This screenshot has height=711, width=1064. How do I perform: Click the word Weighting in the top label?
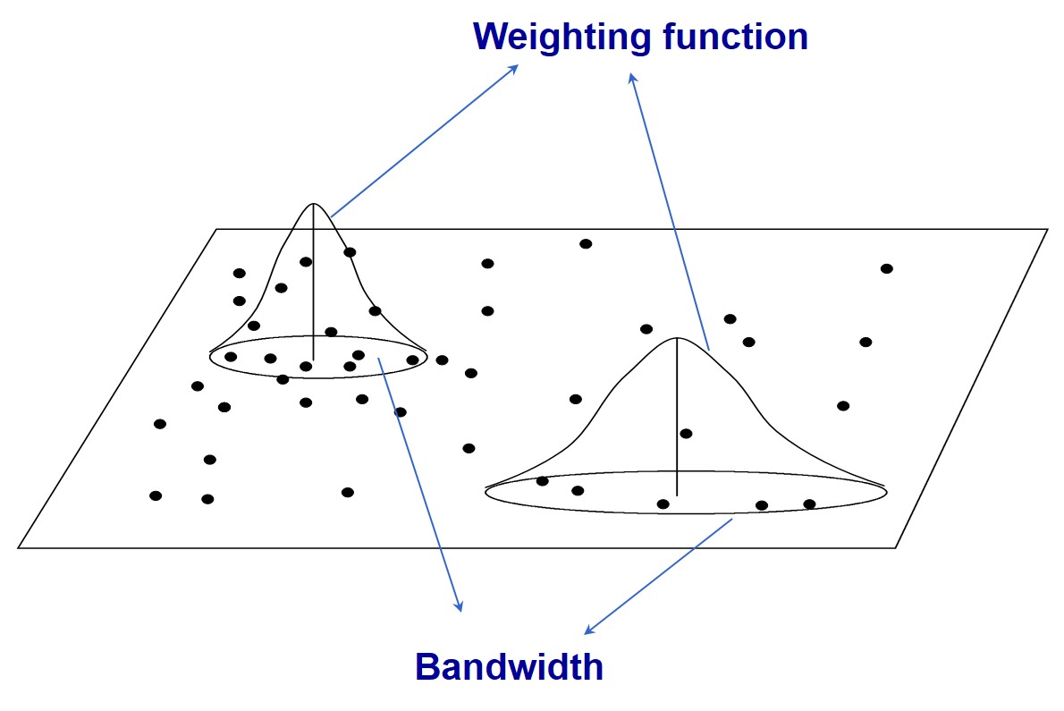pos(553,38)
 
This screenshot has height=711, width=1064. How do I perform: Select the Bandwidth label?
pos(509,667)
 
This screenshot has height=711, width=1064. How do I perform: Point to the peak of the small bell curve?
pos(313,204)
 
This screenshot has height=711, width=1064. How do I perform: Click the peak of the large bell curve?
pos(677,338)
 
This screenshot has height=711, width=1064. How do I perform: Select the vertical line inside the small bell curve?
pos(313,286)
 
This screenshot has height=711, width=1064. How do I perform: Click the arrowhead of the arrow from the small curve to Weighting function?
pos(514,68)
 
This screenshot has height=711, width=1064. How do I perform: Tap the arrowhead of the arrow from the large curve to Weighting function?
pos(631,77)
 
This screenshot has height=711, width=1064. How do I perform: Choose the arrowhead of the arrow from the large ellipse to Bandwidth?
pos(587,631)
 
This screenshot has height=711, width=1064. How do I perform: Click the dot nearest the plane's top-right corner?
pos(886,268)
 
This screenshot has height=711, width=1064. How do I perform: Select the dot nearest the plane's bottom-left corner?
pos(156,495)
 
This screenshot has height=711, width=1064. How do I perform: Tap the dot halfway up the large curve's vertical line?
pos(686,434)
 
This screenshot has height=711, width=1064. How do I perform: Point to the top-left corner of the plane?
pos(216,230)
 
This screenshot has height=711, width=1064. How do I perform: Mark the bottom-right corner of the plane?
pos(896,547)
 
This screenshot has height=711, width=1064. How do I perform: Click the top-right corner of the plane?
pos(1047,230)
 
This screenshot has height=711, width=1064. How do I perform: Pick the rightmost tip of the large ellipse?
pos(885,489)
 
